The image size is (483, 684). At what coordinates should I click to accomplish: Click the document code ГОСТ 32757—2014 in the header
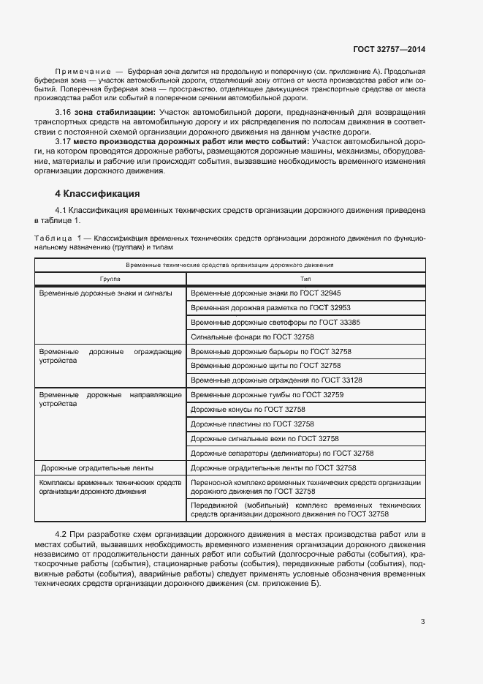(389, 49)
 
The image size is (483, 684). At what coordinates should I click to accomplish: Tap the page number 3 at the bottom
(422, 622)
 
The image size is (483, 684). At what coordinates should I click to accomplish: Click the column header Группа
(110, 279)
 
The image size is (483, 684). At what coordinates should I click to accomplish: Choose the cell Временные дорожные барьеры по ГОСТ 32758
(270, 351)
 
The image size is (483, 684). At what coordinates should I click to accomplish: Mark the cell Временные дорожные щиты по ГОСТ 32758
(265, 365)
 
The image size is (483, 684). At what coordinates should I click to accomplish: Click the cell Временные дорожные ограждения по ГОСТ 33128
(276, 380)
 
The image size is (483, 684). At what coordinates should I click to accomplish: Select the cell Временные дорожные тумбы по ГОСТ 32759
(267, 395)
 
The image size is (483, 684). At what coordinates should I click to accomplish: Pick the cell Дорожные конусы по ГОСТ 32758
(248, 410)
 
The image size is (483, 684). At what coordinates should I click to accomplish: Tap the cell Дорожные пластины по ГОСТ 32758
(252, 424)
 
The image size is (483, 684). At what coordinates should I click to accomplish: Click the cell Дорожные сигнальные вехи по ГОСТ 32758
(265, 438)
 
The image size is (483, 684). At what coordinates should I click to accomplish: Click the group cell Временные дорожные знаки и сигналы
(105, 293)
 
